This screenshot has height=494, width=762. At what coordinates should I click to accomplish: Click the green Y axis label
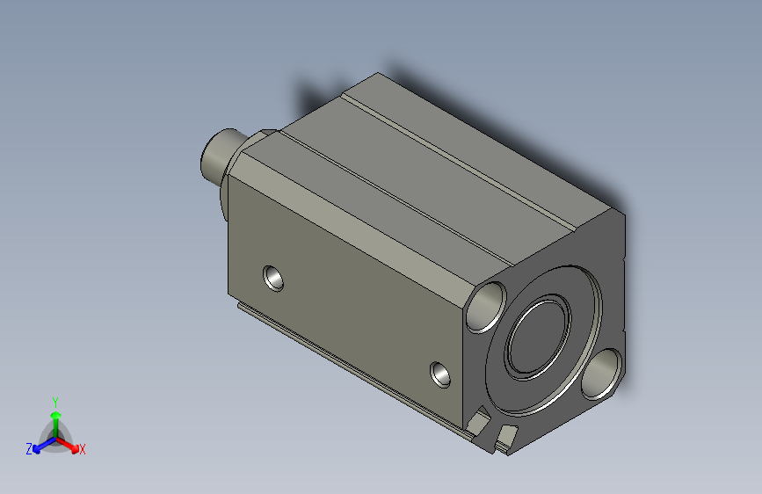54,401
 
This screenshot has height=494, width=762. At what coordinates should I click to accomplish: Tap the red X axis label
83,450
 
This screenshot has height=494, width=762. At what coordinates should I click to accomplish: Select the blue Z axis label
29,448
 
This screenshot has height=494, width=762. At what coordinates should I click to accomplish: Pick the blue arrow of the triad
40,444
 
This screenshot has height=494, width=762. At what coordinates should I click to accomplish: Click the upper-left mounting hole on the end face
486,307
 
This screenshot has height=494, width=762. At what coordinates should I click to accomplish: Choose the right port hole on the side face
441,375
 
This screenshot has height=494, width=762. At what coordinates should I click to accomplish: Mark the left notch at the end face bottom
478,423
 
